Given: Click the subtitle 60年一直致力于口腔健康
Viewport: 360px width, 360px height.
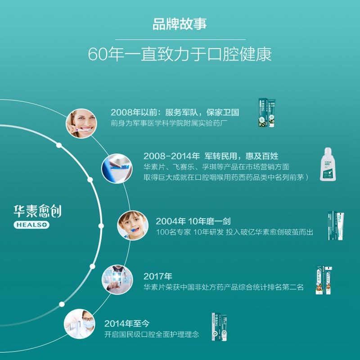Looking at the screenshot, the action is (x=180, y=55).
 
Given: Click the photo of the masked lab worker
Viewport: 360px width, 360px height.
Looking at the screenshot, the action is (x=79, y=324).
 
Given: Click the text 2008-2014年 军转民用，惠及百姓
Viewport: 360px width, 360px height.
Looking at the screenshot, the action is (x=211, y=156).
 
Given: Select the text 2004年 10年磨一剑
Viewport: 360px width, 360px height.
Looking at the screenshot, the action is (x=194, y=221).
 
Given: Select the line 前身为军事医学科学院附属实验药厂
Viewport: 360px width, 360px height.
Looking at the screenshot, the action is (x=172, y=123).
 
